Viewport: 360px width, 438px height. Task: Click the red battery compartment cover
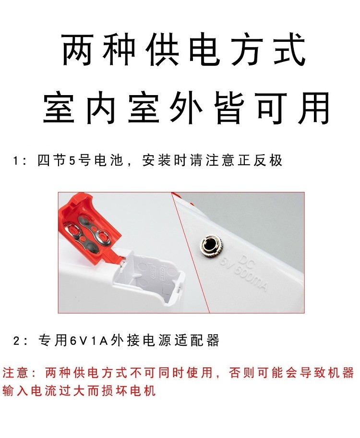point(89,227)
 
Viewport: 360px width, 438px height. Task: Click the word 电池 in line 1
point(108,160)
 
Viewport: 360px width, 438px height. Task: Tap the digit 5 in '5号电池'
point(72,160)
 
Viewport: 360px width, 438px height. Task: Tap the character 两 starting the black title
point(77,50)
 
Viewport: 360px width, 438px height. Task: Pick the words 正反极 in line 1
point(260,160)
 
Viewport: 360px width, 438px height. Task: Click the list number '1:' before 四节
point(20,161)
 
